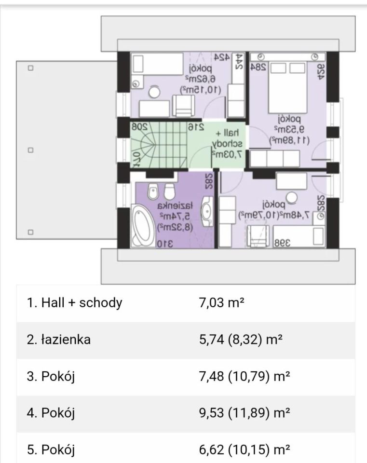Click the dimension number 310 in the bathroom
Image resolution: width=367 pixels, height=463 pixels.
[165, 244]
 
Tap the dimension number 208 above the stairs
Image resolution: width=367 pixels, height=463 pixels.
[139, 127]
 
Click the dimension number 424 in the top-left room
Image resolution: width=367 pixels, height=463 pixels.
[221, 58]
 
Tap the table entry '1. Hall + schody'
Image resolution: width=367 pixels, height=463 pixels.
[75, 303]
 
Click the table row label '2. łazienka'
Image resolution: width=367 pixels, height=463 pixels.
[59, 340]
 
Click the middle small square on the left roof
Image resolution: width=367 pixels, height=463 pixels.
[30, 150]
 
